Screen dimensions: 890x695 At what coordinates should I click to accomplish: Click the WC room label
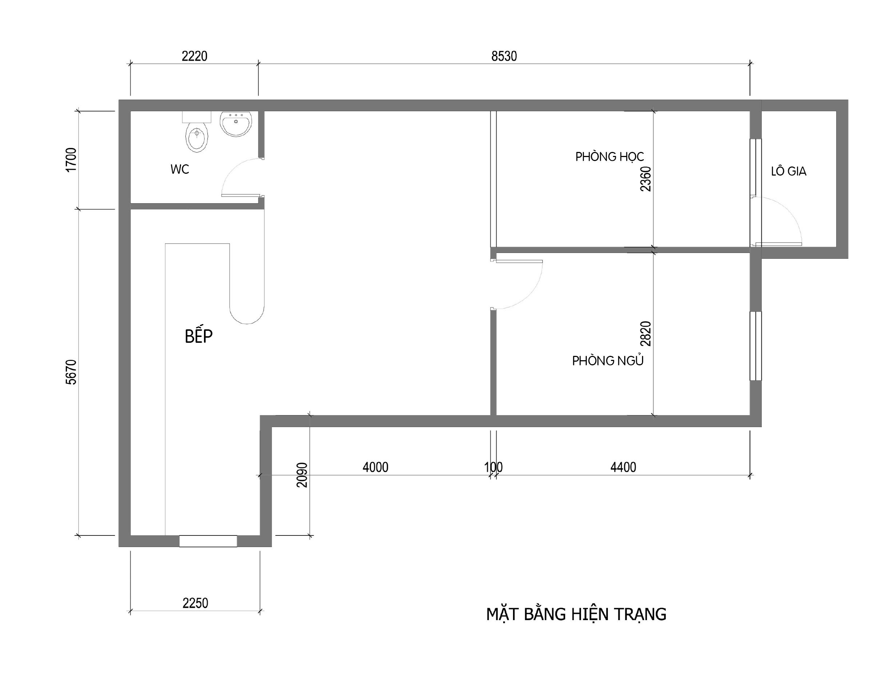click(x=180, y=169)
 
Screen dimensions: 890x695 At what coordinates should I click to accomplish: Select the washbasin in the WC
click(x=236, y=124)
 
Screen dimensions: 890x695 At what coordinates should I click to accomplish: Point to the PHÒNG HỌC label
click(x=610, y=156)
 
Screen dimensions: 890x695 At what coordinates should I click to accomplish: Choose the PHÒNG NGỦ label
click(x=608, y=361)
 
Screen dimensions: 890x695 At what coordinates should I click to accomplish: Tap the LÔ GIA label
click(x=789, y=171)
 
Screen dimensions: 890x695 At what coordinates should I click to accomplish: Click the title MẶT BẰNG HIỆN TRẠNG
click(x=576, y=614)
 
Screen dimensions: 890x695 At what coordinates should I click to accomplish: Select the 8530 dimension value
click(x=504, y=56)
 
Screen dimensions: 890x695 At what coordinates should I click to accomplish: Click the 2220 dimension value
click(x=195, y=56)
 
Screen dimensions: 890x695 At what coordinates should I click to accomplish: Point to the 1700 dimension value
click(x=71, y=160)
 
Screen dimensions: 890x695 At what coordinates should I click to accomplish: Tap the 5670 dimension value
click(x=71, y=372)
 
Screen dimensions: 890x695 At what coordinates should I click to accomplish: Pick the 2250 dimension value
click(x=195, y=603)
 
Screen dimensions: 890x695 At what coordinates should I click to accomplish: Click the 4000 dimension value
click(x=375, y=467)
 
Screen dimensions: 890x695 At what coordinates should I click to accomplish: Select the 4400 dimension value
click(x=623, y=467)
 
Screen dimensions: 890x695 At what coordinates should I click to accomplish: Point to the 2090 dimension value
click(x=302, y=475)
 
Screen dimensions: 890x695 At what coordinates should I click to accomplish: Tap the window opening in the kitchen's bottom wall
click(x=208, y=541)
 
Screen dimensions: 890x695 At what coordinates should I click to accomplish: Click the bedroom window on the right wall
click(x=756, y=346)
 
